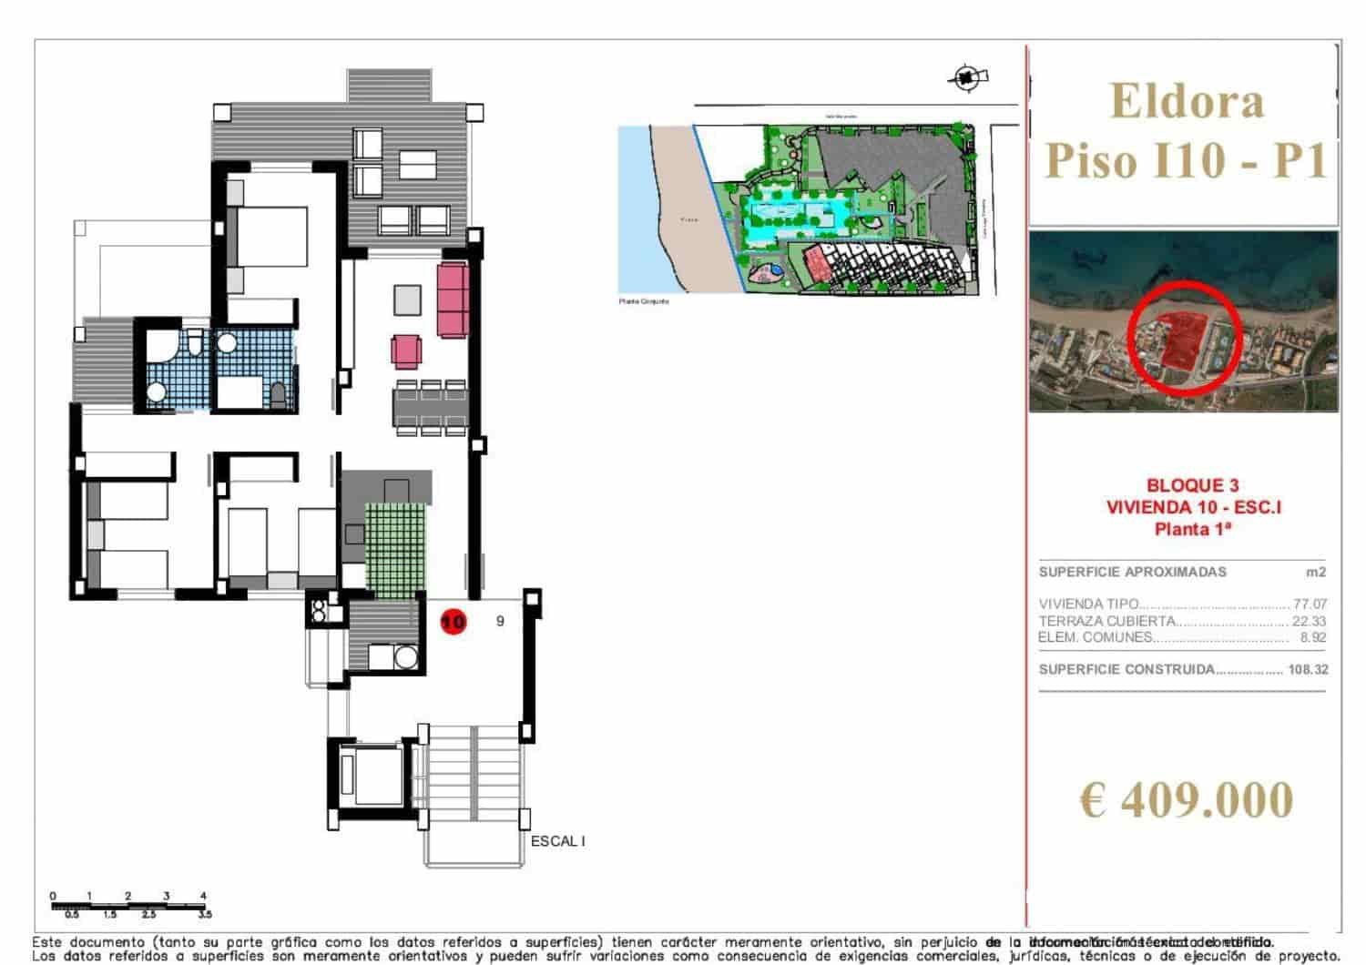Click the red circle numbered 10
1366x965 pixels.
[453, 622]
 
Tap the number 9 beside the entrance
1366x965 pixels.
[500, 621]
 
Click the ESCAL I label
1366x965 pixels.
[557, 841]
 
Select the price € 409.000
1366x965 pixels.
[1186, 800]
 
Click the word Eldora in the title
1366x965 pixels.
[1188, 101]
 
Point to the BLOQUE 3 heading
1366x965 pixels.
[1192, 486]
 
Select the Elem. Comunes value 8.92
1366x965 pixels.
[1313, 637]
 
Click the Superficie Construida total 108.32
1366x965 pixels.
[1308, 669]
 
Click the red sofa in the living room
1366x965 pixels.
[453, 299]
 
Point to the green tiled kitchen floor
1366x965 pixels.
[395, 551]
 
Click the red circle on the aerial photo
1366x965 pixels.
[1183, 338]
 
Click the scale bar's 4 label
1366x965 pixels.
[203, 896]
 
